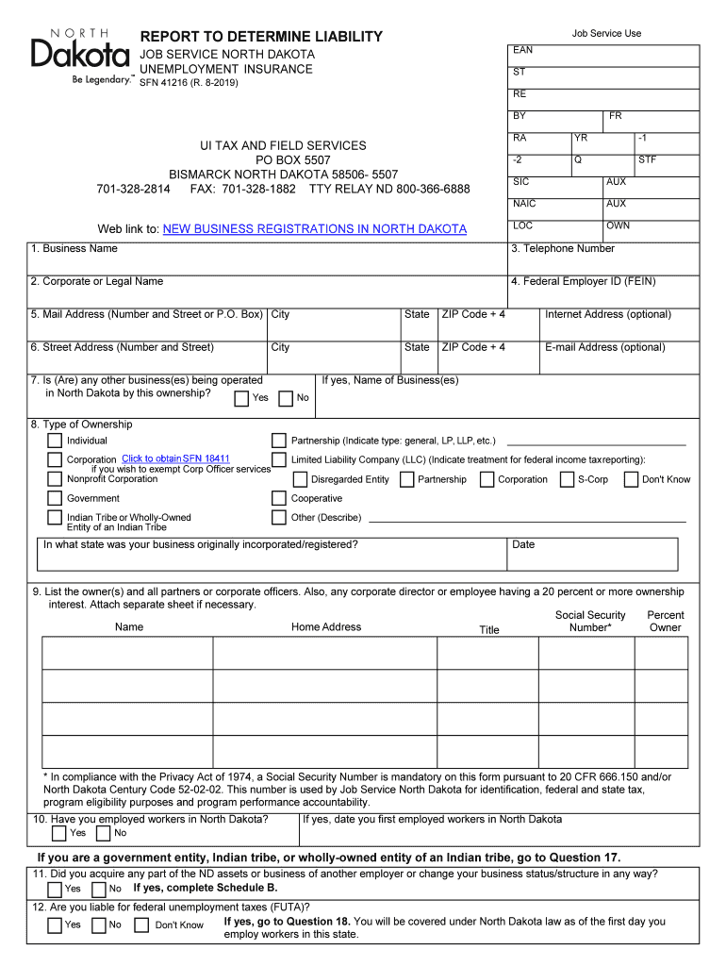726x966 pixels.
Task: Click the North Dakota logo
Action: [x=81, y=56]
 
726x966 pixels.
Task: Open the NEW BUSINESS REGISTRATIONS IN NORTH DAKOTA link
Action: [x=314, y=229]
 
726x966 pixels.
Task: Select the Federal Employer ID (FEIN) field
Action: [x=602, y=294]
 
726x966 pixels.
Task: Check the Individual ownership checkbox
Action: [x=55, y=441]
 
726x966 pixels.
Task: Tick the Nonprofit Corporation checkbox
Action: [x=55, y=478]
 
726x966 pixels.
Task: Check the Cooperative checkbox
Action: [x=278, y=498]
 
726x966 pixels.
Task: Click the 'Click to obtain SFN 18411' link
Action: [x=175, y=459]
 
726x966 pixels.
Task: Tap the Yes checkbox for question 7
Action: [x=241, y=398]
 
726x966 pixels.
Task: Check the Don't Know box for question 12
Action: [x=141, y=925]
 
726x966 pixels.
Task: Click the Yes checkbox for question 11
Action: [x=55, y=889]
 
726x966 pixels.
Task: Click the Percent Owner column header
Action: [x=665, y=621]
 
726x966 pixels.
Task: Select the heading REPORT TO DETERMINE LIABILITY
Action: [x=261, y=37]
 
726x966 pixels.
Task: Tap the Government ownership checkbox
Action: [x=55, y=498]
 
